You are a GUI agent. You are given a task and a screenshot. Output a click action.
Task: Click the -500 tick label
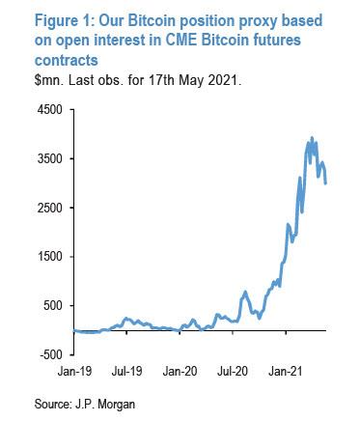[x=51, y=355]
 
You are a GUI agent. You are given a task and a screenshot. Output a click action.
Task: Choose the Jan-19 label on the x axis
[x=75, y=370]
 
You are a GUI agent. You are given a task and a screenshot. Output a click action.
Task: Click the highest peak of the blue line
[x=312, y=138]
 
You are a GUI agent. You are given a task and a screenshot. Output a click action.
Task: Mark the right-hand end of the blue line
[x=326, y=182]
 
